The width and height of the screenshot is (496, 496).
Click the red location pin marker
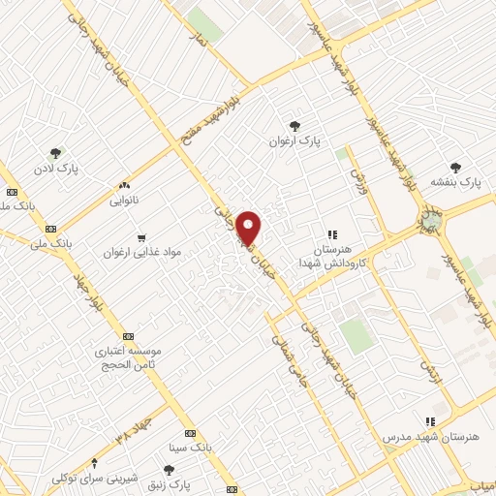[249, 228]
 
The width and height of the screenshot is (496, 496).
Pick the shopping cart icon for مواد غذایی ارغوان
[141, 236]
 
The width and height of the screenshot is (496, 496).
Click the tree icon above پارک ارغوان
[295, 125]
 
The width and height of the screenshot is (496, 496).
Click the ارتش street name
[427, 364]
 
